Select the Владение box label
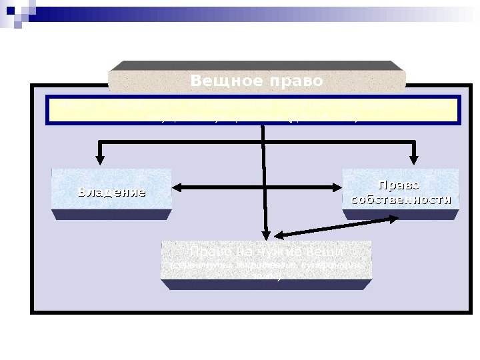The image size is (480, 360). coord(111,193)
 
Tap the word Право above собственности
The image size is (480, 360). coord(399,184)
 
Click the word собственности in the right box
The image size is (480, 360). coord(401,199)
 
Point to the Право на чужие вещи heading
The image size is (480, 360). coord(266,252)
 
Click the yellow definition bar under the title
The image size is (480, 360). coord(253,110)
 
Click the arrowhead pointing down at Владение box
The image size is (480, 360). coord(100,159)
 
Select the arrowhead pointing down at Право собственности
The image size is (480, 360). coord(414,159)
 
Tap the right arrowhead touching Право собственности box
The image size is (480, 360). coord(337,189)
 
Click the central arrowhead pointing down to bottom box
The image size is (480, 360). coord(266,234)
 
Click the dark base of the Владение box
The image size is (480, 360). coord(111,215)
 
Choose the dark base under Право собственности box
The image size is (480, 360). coord(401,215)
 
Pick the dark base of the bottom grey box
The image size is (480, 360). coord(266,285)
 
